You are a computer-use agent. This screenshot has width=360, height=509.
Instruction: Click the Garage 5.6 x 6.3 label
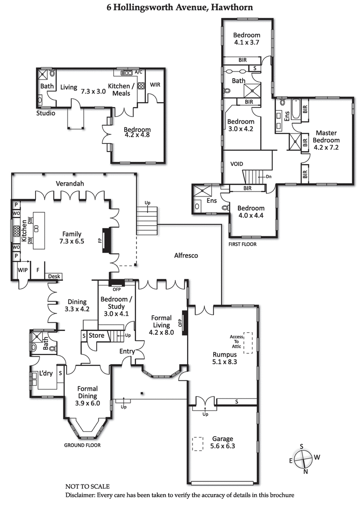click(x=222, y=442)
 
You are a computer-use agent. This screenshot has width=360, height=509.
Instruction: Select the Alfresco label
click(x=186, y=255)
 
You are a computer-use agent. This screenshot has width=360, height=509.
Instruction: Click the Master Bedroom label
click(x=327, y=140)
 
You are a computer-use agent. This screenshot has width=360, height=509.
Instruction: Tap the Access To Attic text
click(x=236, y=342)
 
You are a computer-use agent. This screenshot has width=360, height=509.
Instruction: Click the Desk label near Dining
click(x=54, y=277)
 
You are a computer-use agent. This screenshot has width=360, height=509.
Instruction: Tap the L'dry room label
click(x=46, y=374)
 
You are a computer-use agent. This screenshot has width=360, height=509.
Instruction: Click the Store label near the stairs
click(x=96, y=335)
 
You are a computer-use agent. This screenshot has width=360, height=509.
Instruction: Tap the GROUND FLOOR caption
click(x=83, y=445)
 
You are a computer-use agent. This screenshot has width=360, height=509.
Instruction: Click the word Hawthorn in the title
click(x=234, y=8)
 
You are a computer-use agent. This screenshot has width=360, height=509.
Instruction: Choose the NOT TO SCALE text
click(x=87, y=487)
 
